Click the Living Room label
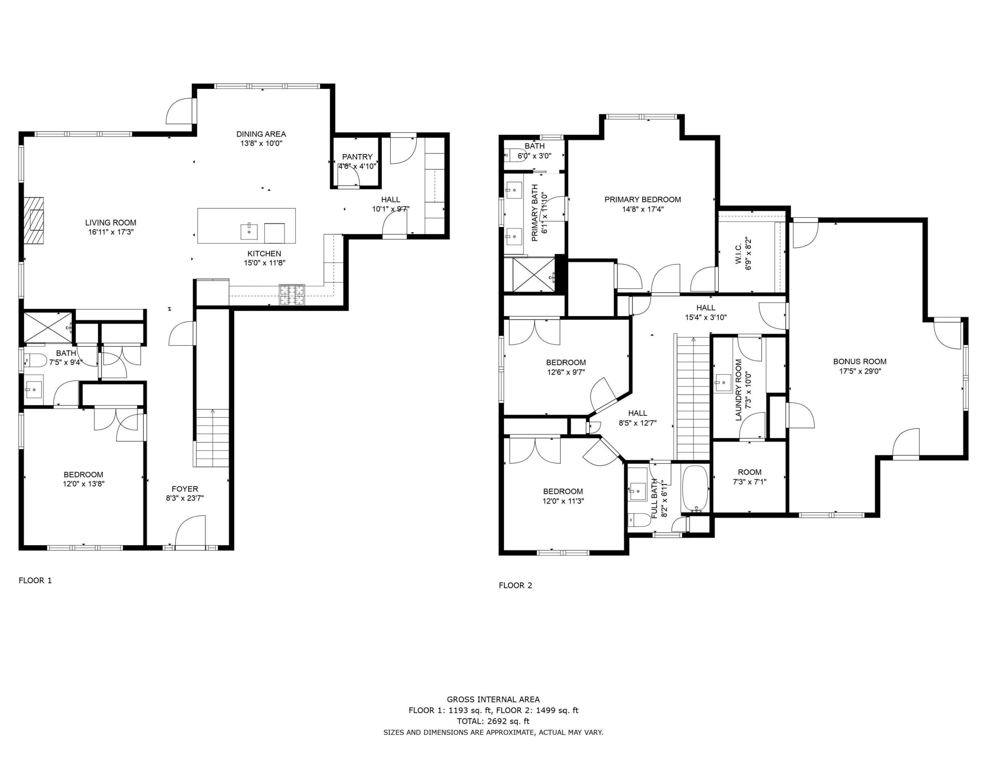coord(111,223)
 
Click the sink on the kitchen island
coord(249,231)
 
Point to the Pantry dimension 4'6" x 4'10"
coord(357,166)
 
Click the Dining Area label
coord(261,134)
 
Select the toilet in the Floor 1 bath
coord(36,360)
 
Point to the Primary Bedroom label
coord(643,199)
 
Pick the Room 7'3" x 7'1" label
coord(750,472)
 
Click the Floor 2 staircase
coord(693,398)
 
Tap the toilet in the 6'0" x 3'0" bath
coord(513,155)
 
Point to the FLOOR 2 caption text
coord(515,585)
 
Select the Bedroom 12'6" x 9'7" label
coord(565,362)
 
